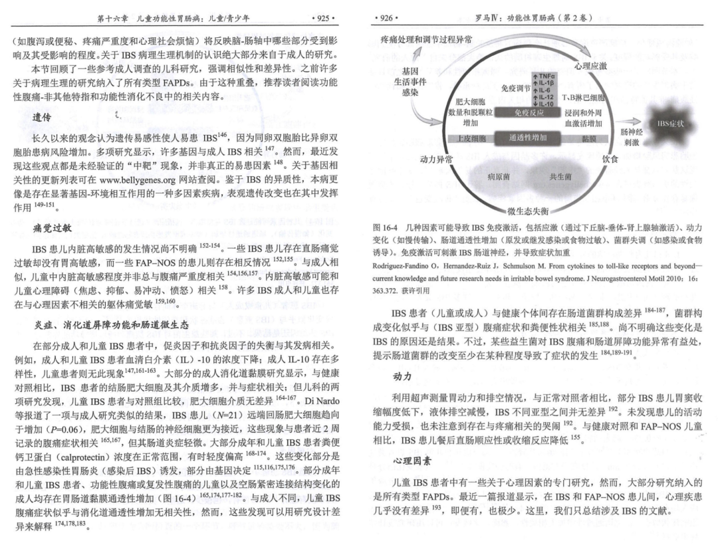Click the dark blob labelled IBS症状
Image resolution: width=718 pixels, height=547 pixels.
[x=670, y=123]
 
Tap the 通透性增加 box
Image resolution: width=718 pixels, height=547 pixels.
[x=529, y=138]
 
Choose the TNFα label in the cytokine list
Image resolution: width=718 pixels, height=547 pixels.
[x=546, y=76]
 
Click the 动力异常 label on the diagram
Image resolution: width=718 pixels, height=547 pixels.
[x=437, y=160]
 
